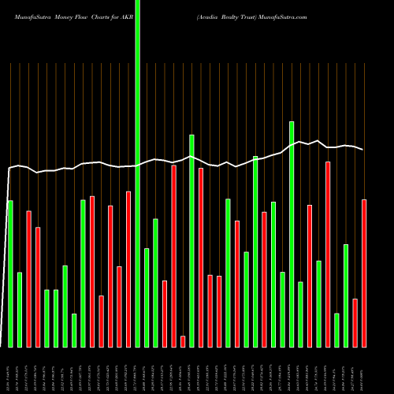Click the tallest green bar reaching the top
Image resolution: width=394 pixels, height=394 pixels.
(138, 173)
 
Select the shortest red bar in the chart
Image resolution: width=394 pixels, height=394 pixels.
(183, 341)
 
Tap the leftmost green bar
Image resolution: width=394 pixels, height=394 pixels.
(10, 273)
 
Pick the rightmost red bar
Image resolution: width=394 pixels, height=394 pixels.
(364, 273)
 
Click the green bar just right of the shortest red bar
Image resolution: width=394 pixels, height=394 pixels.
(191, 240)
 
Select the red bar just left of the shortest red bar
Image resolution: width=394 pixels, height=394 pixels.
(173, 255)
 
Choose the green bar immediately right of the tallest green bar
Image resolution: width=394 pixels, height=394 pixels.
(147, 297)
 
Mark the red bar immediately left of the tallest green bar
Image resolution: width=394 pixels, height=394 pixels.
(128, 269)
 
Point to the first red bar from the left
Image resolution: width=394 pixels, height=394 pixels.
(28, 278)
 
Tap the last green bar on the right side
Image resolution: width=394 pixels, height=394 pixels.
(346, 295)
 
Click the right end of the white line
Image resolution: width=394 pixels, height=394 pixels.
(363, 149)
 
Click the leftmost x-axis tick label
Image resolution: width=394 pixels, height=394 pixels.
(9, 367)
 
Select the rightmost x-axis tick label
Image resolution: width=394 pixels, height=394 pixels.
(364, 367)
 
